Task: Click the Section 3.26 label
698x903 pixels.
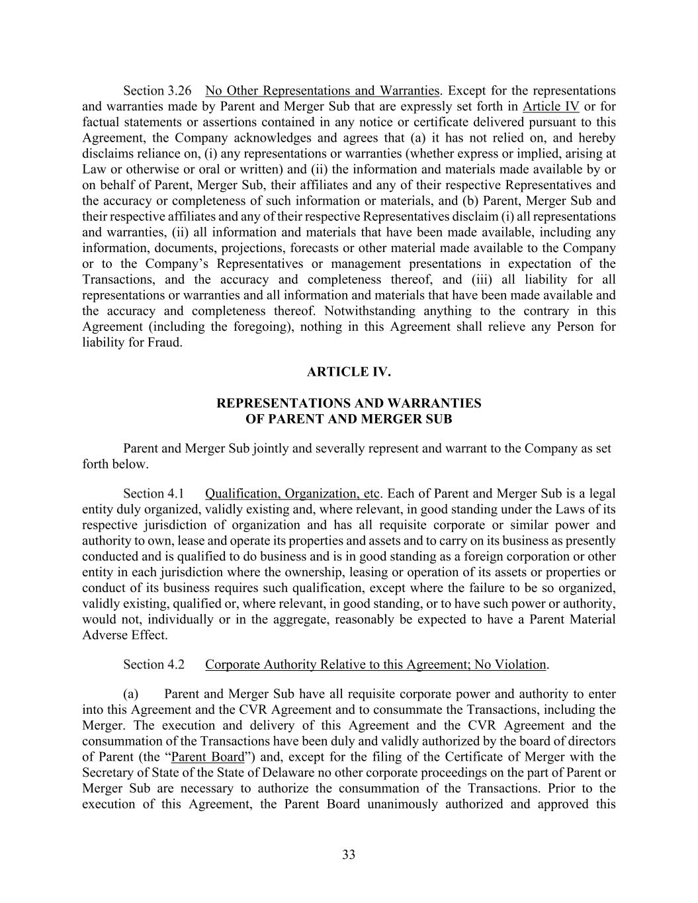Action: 157,91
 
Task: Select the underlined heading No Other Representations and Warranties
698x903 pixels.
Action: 322,91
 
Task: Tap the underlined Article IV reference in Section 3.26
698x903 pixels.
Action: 550,107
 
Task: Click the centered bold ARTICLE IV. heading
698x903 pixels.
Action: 349,372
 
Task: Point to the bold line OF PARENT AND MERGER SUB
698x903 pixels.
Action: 349,419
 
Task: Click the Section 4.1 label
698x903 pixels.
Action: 153,494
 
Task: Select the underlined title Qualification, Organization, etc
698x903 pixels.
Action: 292,494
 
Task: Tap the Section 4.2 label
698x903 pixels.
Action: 153,665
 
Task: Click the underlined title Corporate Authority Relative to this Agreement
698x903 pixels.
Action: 376,665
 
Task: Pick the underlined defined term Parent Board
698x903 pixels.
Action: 207,757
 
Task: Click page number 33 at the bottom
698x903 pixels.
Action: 349,855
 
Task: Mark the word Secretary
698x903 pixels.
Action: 106,773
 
